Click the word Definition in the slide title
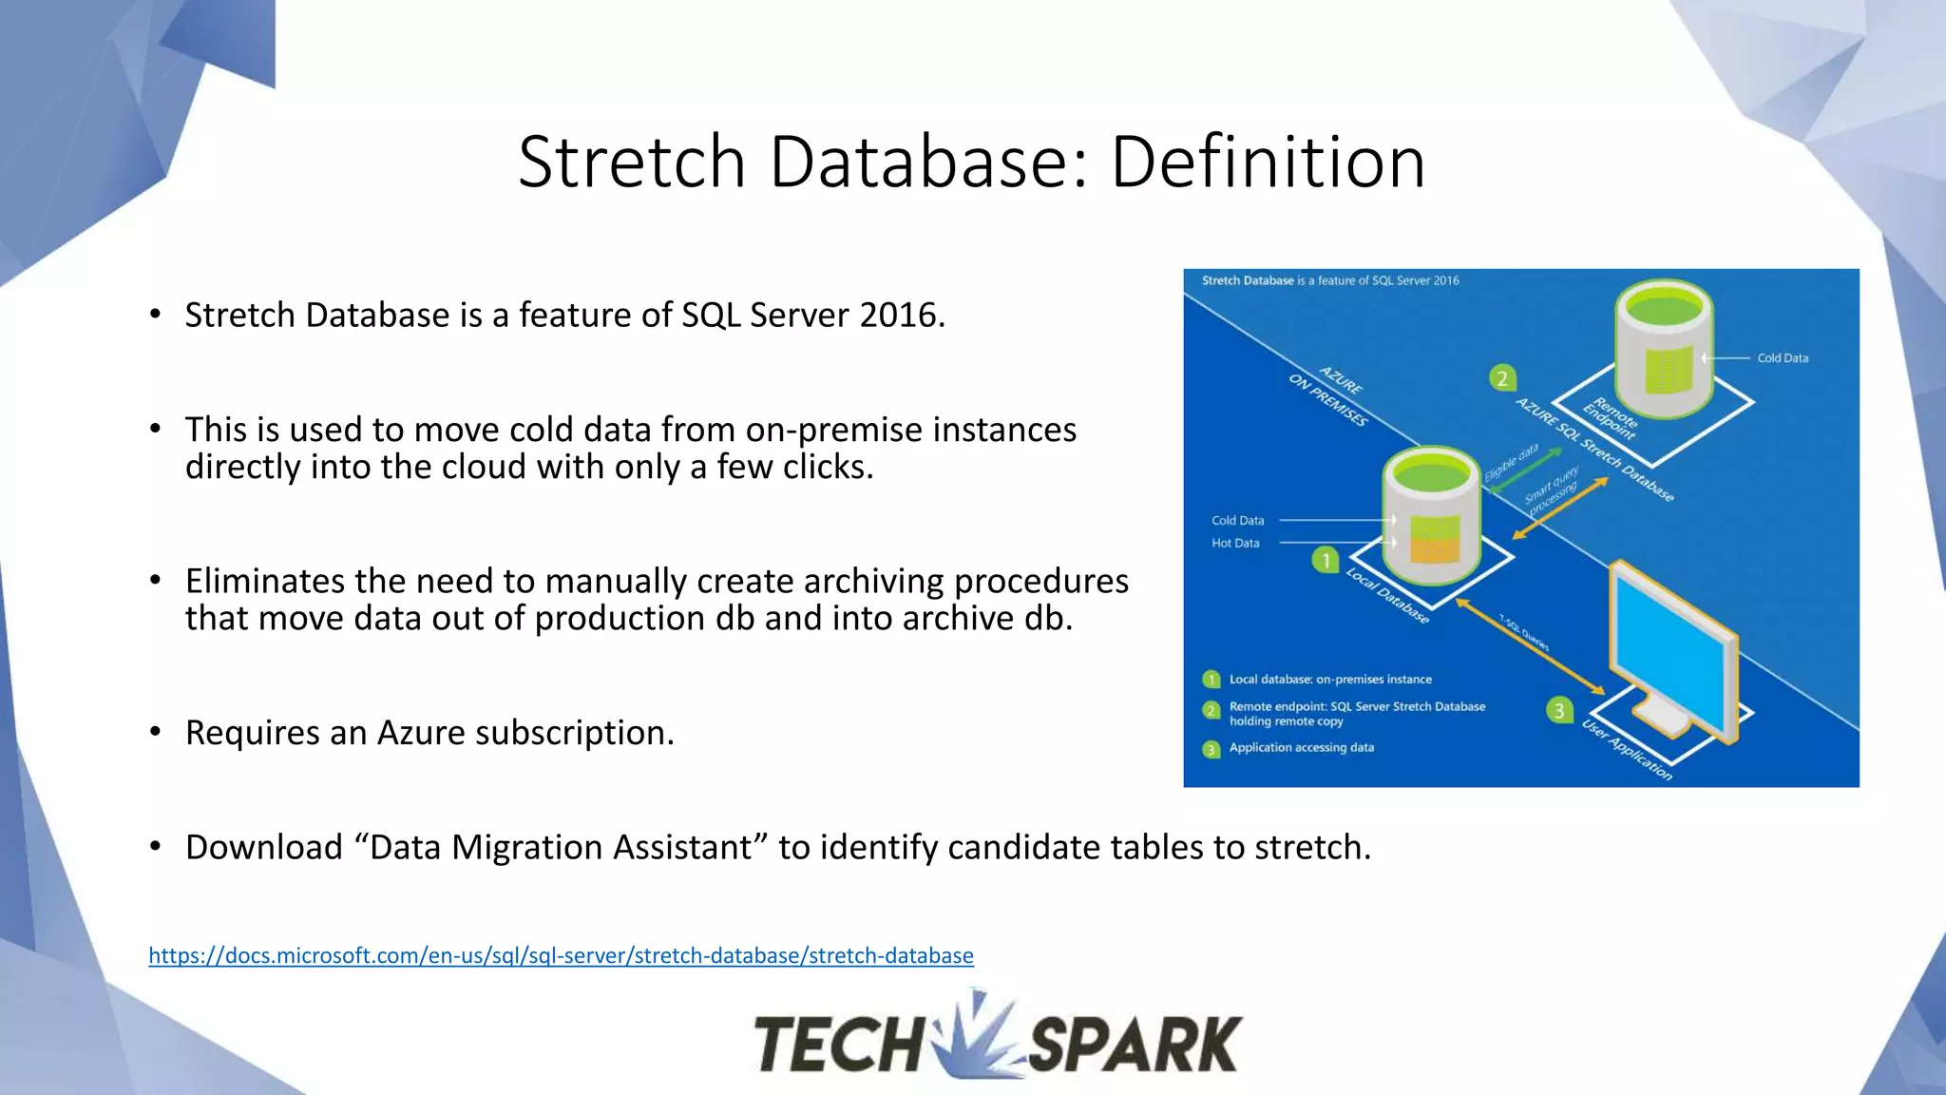1268,162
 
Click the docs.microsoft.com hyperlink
561,955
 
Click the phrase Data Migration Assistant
561,847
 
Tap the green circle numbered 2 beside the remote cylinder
1501,378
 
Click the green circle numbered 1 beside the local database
1325,560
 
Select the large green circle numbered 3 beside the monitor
1559,710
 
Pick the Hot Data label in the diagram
1235,543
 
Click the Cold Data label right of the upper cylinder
1782,358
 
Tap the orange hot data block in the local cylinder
1434,549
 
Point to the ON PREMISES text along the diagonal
1327,400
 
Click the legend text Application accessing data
1301,748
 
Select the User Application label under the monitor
1626,750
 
